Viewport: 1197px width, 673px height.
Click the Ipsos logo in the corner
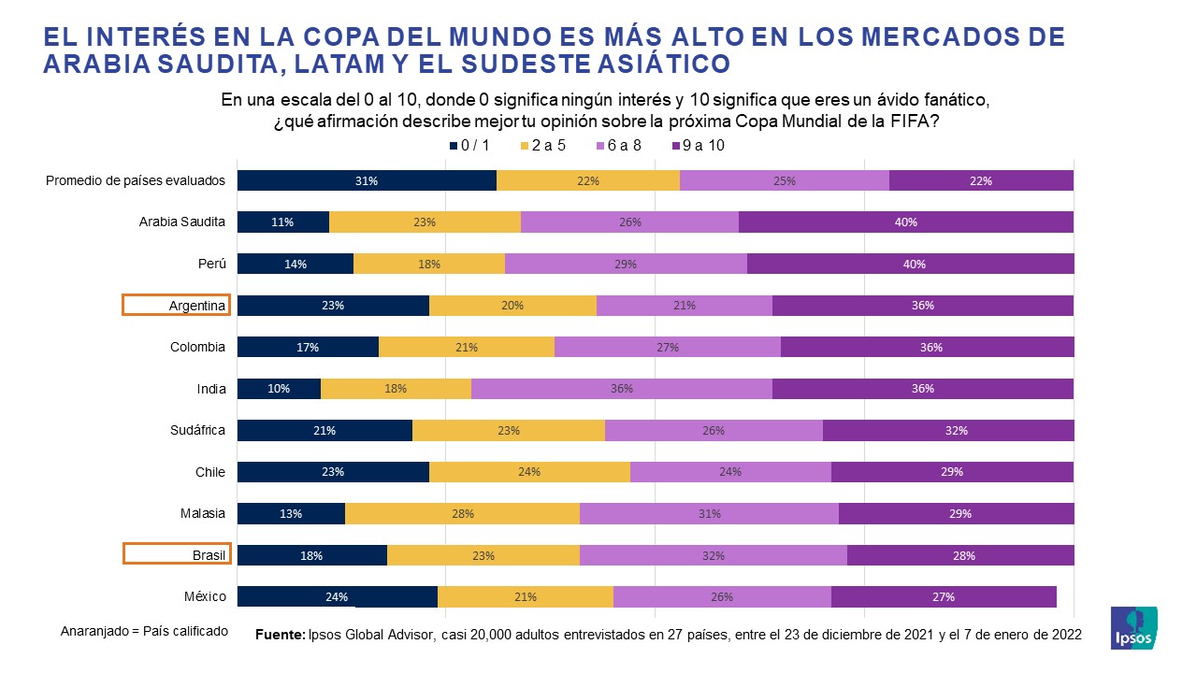1133,628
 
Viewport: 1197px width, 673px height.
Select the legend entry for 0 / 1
469,146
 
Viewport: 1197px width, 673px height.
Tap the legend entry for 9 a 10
698,146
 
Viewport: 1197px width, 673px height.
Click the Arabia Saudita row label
181,222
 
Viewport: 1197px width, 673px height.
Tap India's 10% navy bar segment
279,389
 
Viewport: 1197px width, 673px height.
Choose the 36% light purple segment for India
622,389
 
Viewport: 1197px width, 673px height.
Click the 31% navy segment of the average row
367,181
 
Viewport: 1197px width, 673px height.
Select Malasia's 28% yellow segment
462,513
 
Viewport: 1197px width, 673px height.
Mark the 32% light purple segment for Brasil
714,555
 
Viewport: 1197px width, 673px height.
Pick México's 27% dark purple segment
943,596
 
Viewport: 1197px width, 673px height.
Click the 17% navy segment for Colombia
308,348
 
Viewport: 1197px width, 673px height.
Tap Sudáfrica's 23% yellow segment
509,431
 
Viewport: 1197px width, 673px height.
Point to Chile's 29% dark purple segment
952,472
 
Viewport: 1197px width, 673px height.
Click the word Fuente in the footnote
280,635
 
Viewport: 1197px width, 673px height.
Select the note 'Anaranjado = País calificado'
144,631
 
